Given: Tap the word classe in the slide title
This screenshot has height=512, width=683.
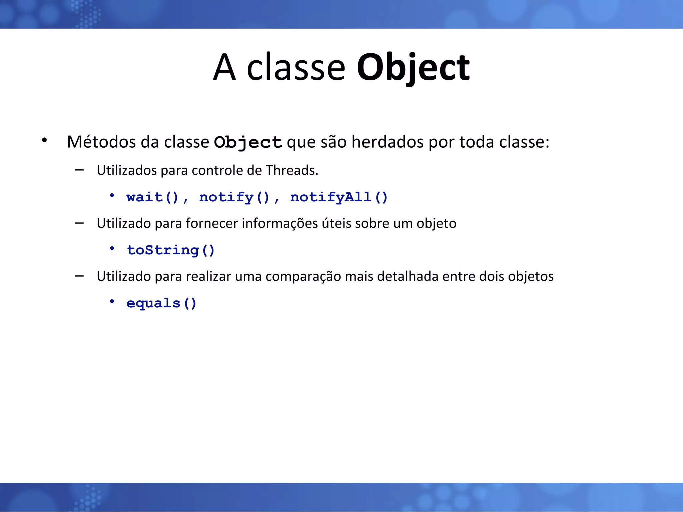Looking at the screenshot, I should point(296,68).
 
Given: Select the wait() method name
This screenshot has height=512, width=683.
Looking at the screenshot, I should point(152,197).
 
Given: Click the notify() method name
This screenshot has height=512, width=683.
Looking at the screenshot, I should point(234,197).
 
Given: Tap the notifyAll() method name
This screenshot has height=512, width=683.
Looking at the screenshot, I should point(339,197).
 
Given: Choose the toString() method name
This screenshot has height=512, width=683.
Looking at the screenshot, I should point(171,250).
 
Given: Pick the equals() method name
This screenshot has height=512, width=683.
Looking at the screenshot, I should point(161,303).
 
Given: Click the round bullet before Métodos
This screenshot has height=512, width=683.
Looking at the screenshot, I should point(44,140).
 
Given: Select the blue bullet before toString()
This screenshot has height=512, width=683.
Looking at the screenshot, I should point(112,248).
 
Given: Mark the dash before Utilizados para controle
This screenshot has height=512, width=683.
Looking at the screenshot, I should point(79,170).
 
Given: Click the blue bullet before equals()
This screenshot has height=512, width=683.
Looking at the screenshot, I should point(112,301).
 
